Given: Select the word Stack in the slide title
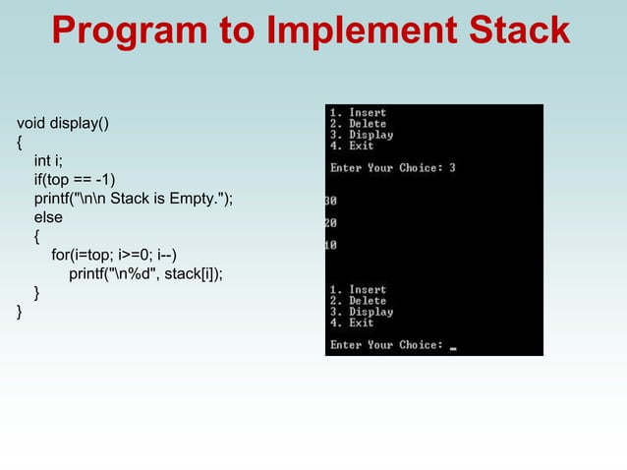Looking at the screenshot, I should [x=518, y=30].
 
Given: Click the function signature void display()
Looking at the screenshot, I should [x=64, y=124].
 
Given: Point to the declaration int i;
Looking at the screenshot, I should [x=49, y=161].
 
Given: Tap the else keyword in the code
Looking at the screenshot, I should [x=48, y=217].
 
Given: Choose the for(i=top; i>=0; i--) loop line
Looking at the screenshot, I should [x=114, y=256].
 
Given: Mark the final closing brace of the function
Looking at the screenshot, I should [x=20, y=312].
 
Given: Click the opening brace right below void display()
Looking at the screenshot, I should [x=20, y=143].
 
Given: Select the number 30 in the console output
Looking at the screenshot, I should [x=331, y=202].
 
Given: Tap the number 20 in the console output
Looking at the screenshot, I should [x=331, y=223].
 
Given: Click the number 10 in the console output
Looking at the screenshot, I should [x=331, y=245].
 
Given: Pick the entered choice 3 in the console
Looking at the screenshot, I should [x=452, y=168].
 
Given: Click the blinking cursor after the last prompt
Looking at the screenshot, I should [x=453, y=347].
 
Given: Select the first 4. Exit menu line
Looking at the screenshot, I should [x=352, y=146].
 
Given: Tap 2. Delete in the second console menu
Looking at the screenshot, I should [x=358, y=301].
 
